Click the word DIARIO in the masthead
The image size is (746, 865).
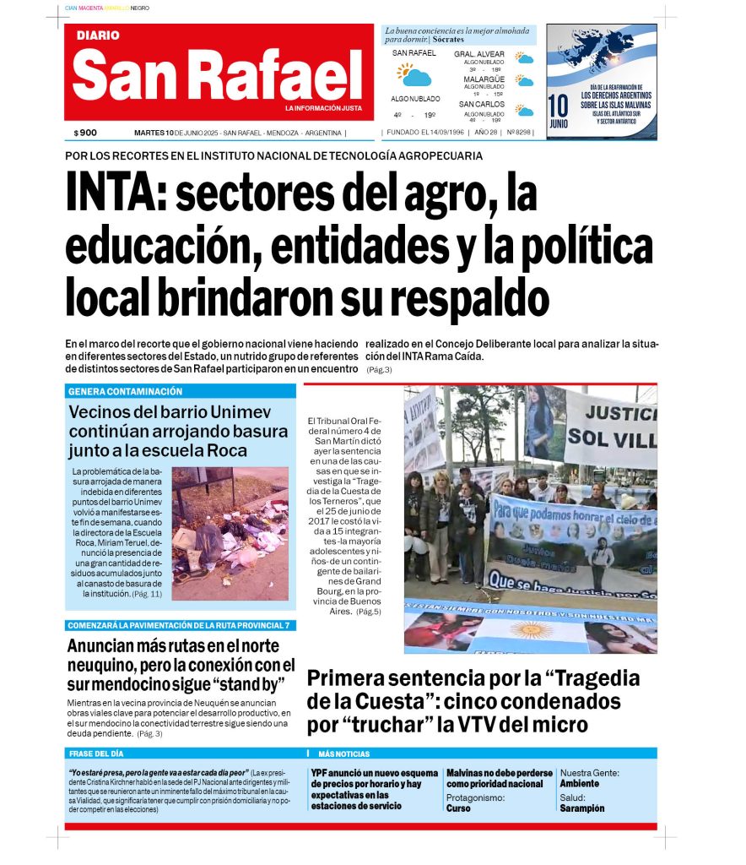pyautogui.click(x=98, y=35)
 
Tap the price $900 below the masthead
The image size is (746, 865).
pyautogui.click(x=85, y=133)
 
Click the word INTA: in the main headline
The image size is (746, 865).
pyautogui.click(x=115, y=195)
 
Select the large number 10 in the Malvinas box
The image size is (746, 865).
pyautogui.click(x=558, y=106)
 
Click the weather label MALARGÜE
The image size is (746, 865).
pyautogui.click(x=484, y=79)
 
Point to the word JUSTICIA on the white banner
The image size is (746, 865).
pyautogui.click(x=621, y=413)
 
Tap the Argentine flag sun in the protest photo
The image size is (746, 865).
pyautogui.click(x=531, y=629)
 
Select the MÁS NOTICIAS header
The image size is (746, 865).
pyautogui.click(x=343, y=753)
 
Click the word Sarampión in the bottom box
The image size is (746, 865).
pyautogui.click(x=581, y=808)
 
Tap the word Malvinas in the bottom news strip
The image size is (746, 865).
pyautogui.click(x=467, y=773)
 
